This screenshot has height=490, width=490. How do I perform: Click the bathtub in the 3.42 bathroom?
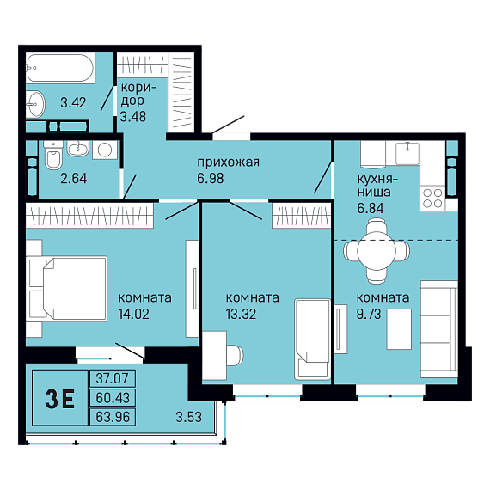click(59, 68)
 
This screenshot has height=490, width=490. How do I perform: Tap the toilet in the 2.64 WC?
click(53, 155)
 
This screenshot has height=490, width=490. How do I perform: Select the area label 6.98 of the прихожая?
click(211, 178)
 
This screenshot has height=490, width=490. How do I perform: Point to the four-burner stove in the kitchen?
click(432, 198)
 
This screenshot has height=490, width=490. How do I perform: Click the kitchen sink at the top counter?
click(407, 153)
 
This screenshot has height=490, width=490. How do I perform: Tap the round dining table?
click(377, 251)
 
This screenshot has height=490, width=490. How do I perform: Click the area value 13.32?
click(241, 314)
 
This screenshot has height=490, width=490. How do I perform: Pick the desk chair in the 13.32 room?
click(235, 355)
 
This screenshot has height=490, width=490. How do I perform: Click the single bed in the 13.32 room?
click(312, 340)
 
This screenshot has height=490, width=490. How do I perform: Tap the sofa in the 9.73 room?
click(438, 329)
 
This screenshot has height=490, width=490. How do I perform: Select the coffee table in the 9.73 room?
click(399, 329)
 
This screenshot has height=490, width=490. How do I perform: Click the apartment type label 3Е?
click(60, 399)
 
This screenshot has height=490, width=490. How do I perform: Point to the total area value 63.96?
click(113, 417)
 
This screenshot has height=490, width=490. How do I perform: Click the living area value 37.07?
click(113, 378)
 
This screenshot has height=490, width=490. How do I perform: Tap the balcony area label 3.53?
click(188, 417)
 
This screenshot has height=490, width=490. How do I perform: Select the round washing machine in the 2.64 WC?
click(105, 150)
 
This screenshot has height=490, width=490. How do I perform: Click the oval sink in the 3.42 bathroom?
click(35, 104)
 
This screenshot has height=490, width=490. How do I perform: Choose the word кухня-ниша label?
click(377, 186)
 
